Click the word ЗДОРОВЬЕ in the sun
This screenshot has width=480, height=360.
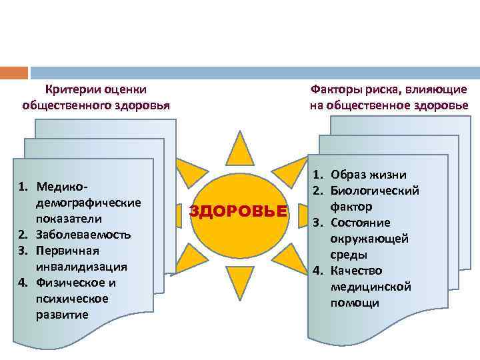click(x=239, y=212)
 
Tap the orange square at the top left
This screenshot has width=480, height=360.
click(x=14, y=73)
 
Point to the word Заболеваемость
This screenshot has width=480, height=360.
click(x=84, y=235)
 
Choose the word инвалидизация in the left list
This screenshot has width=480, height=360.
click(x=82, y=266)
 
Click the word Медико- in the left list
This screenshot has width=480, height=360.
click(x=63, y=186)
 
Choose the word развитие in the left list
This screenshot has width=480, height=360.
click(x=62, y=314)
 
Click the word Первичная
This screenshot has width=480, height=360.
click(x=68, y=250)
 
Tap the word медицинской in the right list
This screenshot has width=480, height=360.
click(x=371, y=287)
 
